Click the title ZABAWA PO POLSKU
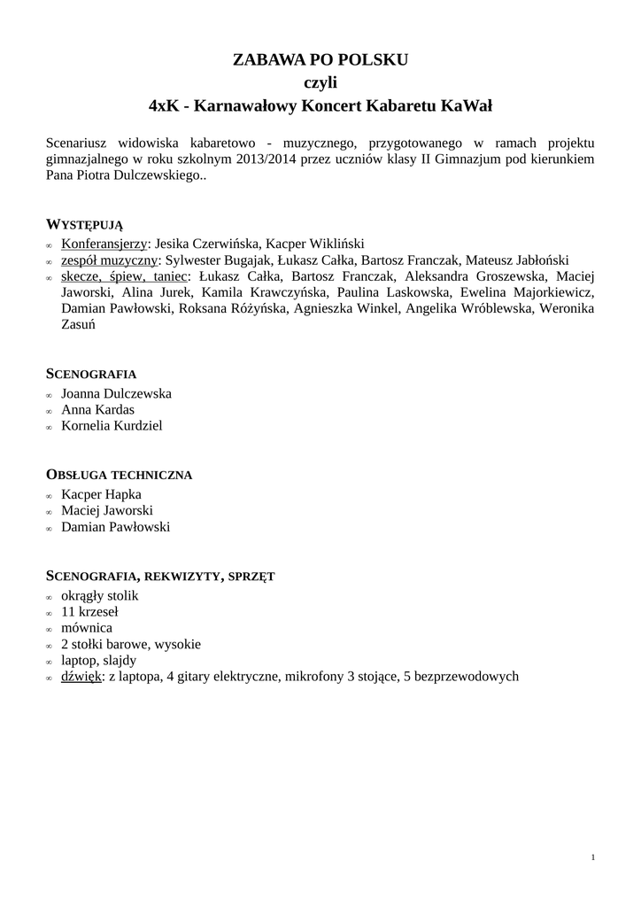pyautogui.click(x=320, y=60)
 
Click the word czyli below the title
pyautogui.click(x=320, y=83)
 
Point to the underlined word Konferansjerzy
pyautogui.click(x=104, y=244)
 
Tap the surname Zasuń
pyautogui.click(x=81, y=324)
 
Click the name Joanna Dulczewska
pyautogui.click(x=116, y=393)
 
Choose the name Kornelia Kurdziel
pyautogui.click(x=112, y=425)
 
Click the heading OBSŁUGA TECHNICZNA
pyautogui.click(x=119, y=475)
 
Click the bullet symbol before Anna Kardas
pyautogui.click(x=50, y=411)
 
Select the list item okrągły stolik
pyautogui.click(x=99, y=595)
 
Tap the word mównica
pyautogui.click(x=86, y=627)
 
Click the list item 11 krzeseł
pyautogui.click(x=89, y=611)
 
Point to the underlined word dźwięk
pyautogui.click(x=81, y=676)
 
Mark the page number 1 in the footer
pyautogui.click(x=591, y=857)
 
